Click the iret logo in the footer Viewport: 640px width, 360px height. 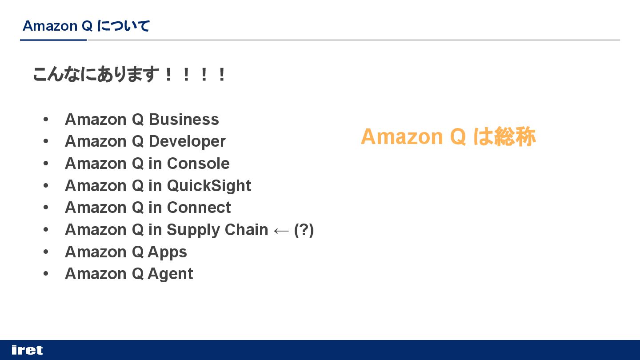27,350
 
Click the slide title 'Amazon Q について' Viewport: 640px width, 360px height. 86,26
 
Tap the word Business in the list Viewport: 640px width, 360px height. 184,120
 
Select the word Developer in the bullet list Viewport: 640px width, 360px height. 187,141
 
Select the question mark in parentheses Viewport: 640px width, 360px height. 304,230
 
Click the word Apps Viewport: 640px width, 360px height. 167,252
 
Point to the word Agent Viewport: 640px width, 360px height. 170,274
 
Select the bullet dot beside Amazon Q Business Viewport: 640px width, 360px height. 45,120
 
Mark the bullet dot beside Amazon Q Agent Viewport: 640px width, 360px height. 45,274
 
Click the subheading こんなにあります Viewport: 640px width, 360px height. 96,74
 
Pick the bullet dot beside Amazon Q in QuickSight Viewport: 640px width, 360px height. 45,186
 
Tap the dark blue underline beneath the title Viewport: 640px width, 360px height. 53,40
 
